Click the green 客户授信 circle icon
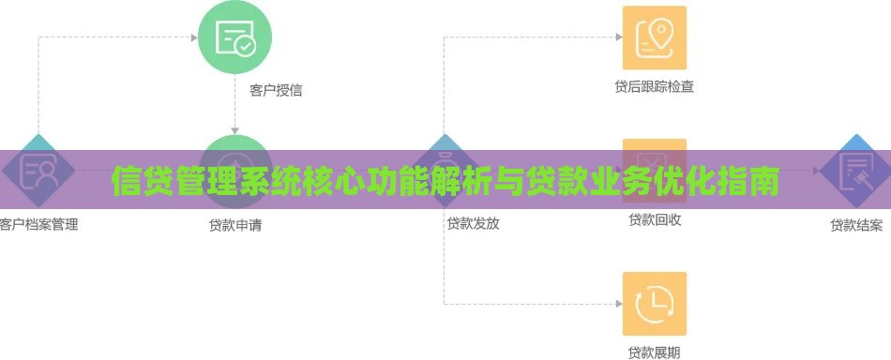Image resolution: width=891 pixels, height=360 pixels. pyautogui.click(x=234, y=38)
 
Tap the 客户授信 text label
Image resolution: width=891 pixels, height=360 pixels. pyautogui.click(x=276, y=91)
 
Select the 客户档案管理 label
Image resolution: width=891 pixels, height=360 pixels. pyautogui.click(x=38, y=225)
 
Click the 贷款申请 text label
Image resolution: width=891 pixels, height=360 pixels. pyautogui.click(x=235, y=225)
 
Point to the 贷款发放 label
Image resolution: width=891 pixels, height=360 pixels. pyautogui.click(x=473, y=224)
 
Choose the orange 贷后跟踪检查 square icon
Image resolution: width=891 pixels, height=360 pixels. pyautogui.click(x=655, y=37)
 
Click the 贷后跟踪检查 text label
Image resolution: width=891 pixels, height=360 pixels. pyautogui.click(x=655, y=87)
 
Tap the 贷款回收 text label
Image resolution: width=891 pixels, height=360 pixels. pyautogui.click(x=655, y=220)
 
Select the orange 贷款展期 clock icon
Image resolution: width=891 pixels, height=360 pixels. pyautogui.click(x=655, y=304)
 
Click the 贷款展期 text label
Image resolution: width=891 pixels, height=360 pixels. pyautogui.click(x=655, y=352)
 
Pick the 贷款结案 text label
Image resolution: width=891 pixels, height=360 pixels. pyautogui.click(x=856, y=225)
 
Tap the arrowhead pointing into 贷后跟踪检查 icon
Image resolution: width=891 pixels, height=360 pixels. pyautogui.click(x=618, y=37)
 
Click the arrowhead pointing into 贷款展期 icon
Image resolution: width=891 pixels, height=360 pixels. pyautogui.click(x=618, y=304)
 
